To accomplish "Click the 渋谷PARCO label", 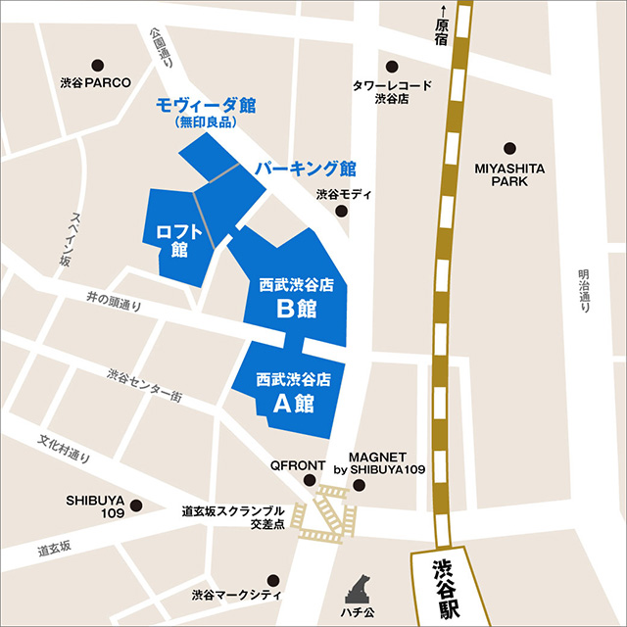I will [94, 83].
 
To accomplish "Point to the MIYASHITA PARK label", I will [509, 174].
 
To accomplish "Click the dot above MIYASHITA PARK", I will [509, 148].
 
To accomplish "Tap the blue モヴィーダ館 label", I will [206, 104].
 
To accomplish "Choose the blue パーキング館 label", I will [306, 168].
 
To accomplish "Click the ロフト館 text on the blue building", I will [172, 240].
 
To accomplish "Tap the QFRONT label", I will [293, 465].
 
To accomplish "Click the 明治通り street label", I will [585, 291].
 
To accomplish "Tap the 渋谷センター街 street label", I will [144, 386].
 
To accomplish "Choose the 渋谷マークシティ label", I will [236, 595].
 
